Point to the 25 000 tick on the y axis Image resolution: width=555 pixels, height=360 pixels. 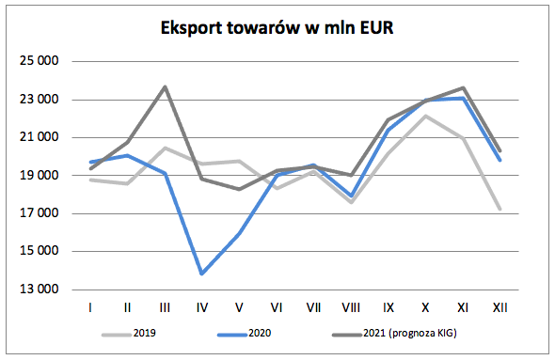pyautogui.click(x=40, y=62)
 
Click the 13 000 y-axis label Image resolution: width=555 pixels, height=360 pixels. pyautogui.click(x=40, y=290)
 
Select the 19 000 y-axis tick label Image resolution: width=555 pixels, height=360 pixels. pyautogui.click(x=40, y=176)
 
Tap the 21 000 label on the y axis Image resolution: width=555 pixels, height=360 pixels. pyautogui.click(x=40, y=138)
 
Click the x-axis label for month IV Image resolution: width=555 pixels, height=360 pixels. pyautogui.click(x=203, y=307)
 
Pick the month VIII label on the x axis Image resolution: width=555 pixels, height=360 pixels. pyautogui.click(x=350, y=307)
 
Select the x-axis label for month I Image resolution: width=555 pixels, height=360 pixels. pyautogui.click(x=91, y=307)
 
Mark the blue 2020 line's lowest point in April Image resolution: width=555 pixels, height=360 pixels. pyautogui.click(x=203, y=274)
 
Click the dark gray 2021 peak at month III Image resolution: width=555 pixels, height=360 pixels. pyautogui.click(x=166, y=86)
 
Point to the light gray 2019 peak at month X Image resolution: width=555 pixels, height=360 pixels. pyautogui.click(x=425, y=116)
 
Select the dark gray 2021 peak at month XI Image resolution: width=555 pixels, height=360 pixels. pyautogui.click(x=462, y=87)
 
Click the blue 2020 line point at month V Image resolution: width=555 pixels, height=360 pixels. pyautogui.click(x=240, y=233)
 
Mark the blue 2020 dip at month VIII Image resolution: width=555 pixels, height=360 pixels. pyautogui.click(x=351, y=196)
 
